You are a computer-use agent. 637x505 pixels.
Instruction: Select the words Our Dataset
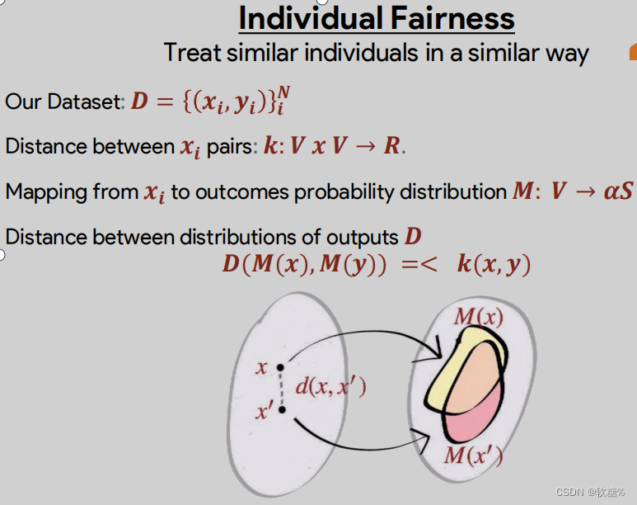coord(63,101)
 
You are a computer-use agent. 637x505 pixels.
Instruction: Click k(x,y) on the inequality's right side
coord(494,265)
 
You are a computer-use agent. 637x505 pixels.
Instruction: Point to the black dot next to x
coord(281,367)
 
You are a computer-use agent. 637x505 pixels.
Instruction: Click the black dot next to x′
coord(282,408)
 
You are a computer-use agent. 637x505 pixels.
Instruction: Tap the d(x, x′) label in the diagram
coord(330,386)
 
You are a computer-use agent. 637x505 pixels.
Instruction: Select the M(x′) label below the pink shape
coord(474,455)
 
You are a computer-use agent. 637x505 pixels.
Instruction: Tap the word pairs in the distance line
coord(230,147)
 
